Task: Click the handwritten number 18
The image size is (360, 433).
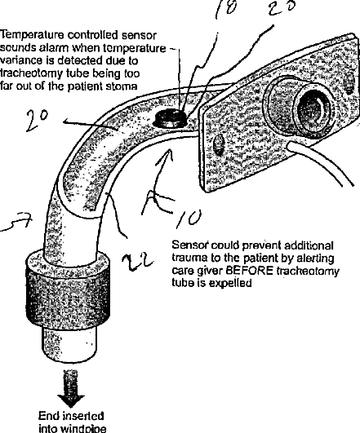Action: [x=225, y=7]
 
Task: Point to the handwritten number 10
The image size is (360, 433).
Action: [x=190, y=219]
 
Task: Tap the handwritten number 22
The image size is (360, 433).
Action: [x=137, y=260]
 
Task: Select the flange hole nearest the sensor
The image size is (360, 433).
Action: [x=218, y=144]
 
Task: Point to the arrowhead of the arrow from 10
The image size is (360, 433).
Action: [x=167, y=155]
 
